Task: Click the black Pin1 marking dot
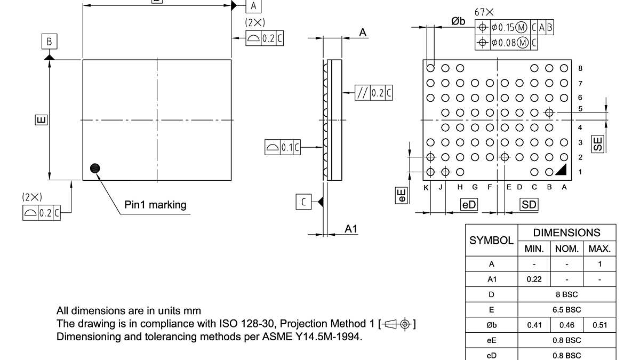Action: point(95,168)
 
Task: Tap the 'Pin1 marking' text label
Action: point(155,204)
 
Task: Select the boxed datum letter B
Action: point(49,42)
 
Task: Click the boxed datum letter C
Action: point(303,202)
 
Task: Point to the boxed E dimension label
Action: point(41,119)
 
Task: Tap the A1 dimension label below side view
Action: point(351,229)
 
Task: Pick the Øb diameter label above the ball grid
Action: point(458,21)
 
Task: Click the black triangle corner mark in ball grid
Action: point(561,170)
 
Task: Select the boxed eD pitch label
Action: point(469,205)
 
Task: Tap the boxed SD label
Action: point(529,205)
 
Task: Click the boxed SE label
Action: point(598,142)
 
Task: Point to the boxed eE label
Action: point(402,195)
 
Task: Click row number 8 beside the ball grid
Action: point(580,68)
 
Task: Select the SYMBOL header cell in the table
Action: point(491,241)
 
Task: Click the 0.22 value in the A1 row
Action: point(534,279)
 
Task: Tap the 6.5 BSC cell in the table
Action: point(566,309)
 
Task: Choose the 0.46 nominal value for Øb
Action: point(566,325)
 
